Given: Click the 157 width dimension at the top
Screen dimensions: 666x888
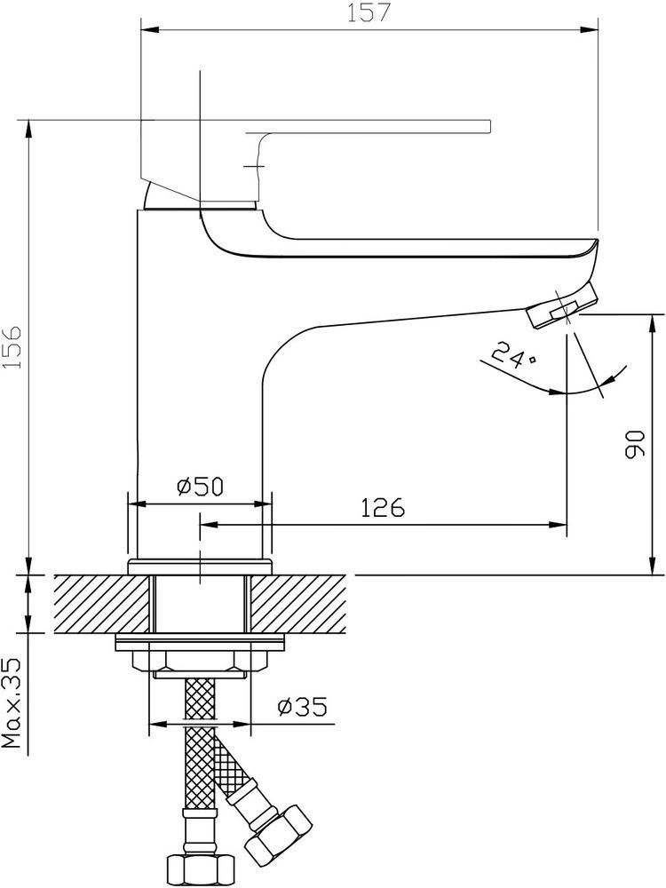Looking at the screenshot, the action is pos(369,12).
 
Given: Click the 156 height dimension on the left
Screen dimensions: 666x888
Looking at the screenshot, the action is pos(12,347).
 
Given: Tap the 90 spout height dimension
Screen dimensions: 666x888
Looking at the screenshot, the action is pos(635,444).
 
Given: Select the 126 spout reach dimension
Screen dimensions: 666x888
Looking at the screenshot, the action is pos(384,508).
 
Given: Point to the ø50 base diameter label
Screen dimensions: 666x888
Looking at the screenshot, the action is pos(201,487).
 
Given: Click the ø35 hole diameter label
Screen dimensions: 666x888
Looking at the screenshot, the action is pos(303,707).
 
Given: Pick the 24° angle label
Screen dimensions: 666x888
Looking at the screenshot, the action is pos(512,356).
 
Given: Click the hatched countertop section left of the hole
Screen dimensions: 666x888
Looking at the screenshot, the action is pos(103,604).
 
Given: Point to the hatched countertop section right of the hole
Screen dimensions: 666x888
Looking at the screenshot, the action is pos(297,604).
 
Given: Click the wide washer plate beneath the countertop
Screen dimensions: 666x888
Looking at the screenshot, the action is pos(200,642).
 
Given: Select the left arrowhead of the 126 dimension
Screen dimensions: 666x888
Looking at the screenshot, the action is pos(209,525).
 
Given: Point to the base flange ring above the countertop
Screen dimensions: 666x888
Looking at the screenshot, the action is pos(201,567).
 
